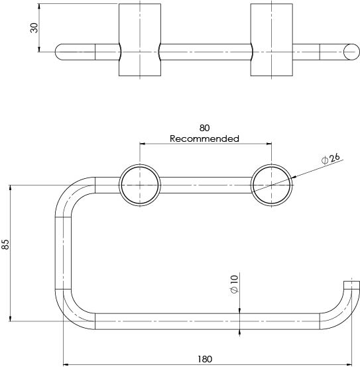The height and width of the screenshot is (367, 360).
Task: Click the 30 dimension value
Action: coord(34,28)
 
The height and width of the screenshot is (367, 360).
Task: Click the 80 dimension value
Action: coord(204,128)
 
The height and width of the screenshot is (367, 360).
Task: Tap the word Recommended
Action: coord(204,138)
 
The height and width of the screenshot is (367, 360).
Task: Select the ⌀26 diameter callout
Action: coord(330,159)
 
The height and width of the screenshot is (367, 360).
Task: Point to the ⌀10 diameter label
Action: coord(234,284)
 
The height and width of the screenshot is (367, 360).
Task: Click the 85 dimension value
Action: coord(5,244)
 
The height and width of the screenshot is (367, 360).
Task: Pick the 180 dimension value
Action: coord(205,359)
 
